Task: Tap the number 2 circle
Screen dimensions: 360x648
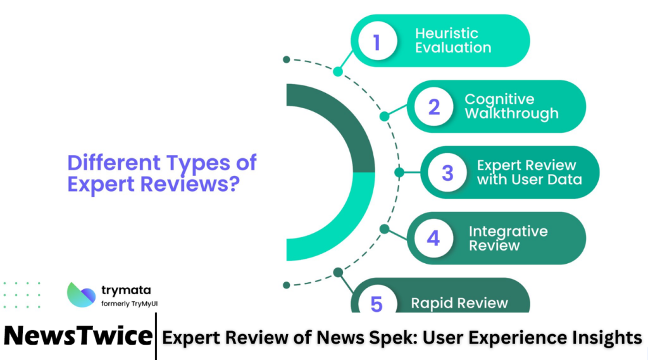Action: (433, 106)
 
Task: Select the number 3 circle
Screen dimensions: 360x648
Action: (447, 172)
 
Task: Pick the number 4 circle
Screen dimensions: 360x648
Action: (433, 238)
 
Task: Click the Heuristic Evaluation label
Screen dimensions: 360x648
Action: (452, 40)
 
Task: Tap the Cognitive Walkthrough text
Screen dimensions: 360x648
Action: (511, 106)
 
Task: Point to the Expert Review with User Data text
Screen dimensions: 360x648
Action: (528, 172)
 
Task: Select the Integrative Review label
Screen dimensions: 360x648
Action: (508, 238)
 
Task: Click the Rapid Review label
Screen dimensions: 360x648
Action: (459, 303)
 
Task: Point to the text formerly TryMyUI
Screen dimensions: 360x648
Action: (129, 304)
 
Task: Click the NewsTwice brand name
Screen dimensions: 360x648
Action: (77, 336)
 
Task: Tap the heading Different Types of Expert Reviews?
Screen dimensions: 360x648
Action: (162, 173)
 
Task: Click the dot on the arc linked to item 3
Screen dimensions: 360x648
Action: (399, 172)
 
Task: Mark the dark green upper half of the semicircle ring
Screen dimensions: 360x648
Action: (342, 127)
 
